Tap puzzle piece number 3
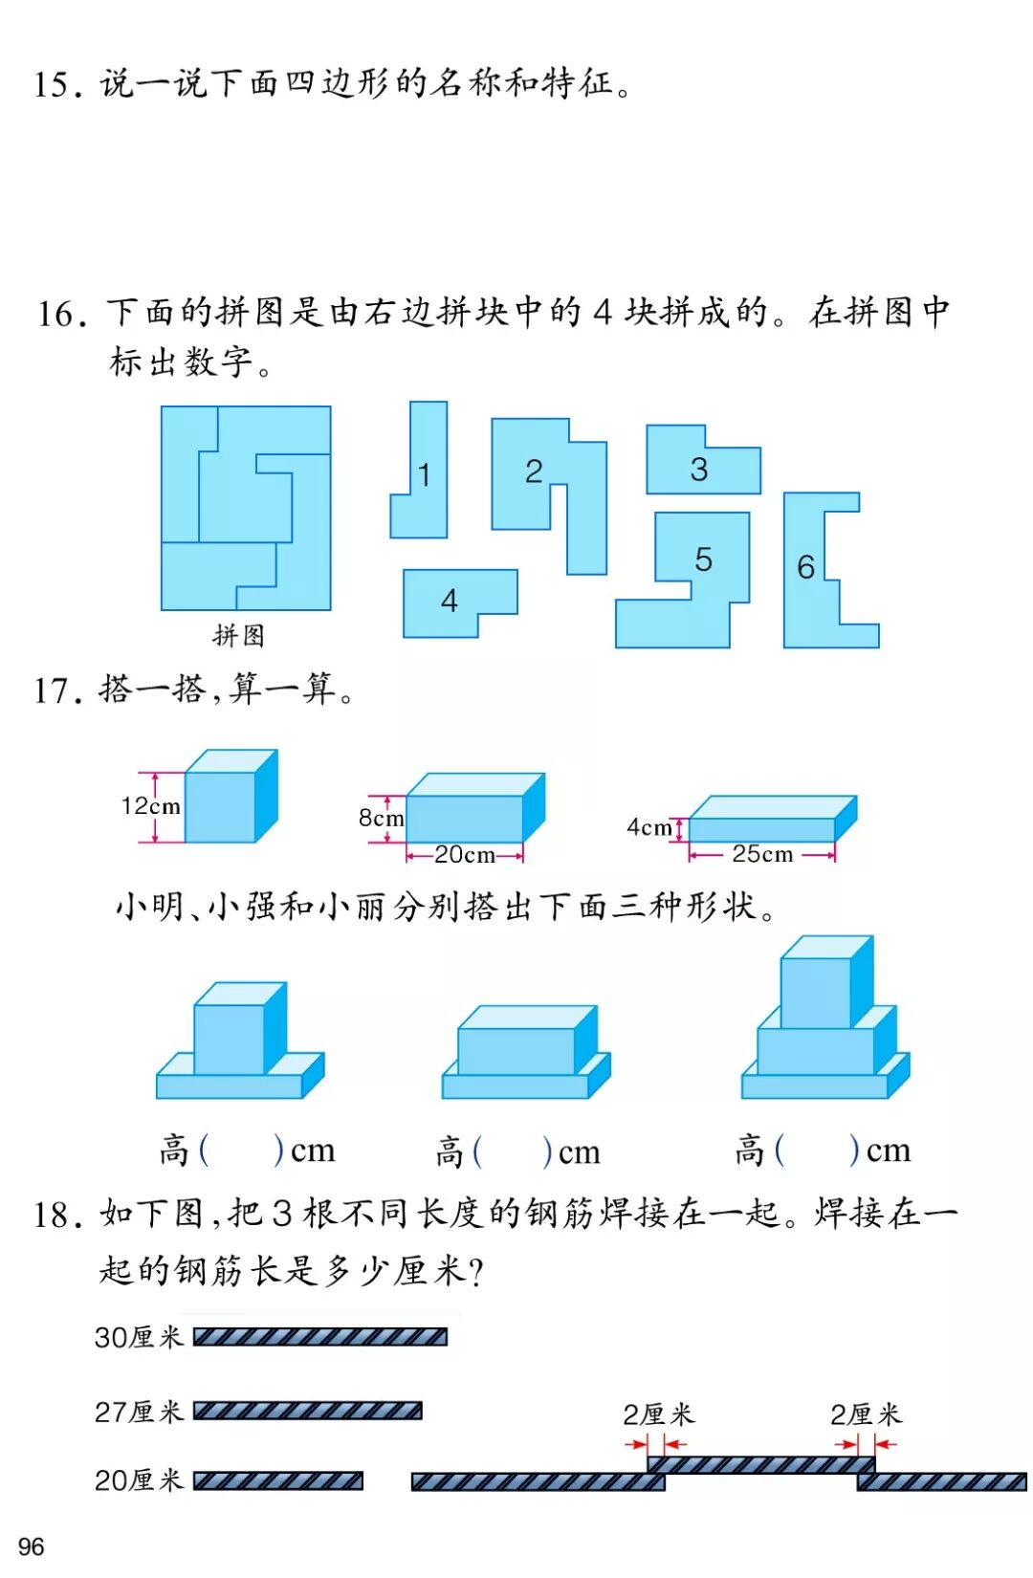tap(699, 469)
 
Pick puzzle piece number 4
tap(450, 601)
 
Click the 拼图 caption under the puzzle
tap(238, 635)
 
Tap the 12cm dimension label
tap(150, 806)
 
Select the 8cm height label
tap(381, 818)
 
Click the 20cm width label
tap(465, 855)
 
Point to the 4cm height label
tap(648, 827)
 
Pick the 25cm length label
tap(762, 854)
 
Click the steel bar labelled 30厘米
tap(319, 1337)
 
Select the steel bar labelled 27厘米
tap(307, 1411)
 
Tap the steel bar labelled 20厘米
tap(277, 1481)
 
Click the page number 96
tap(31, 1546)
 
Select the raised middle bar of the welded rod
tap(760, 1464)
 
